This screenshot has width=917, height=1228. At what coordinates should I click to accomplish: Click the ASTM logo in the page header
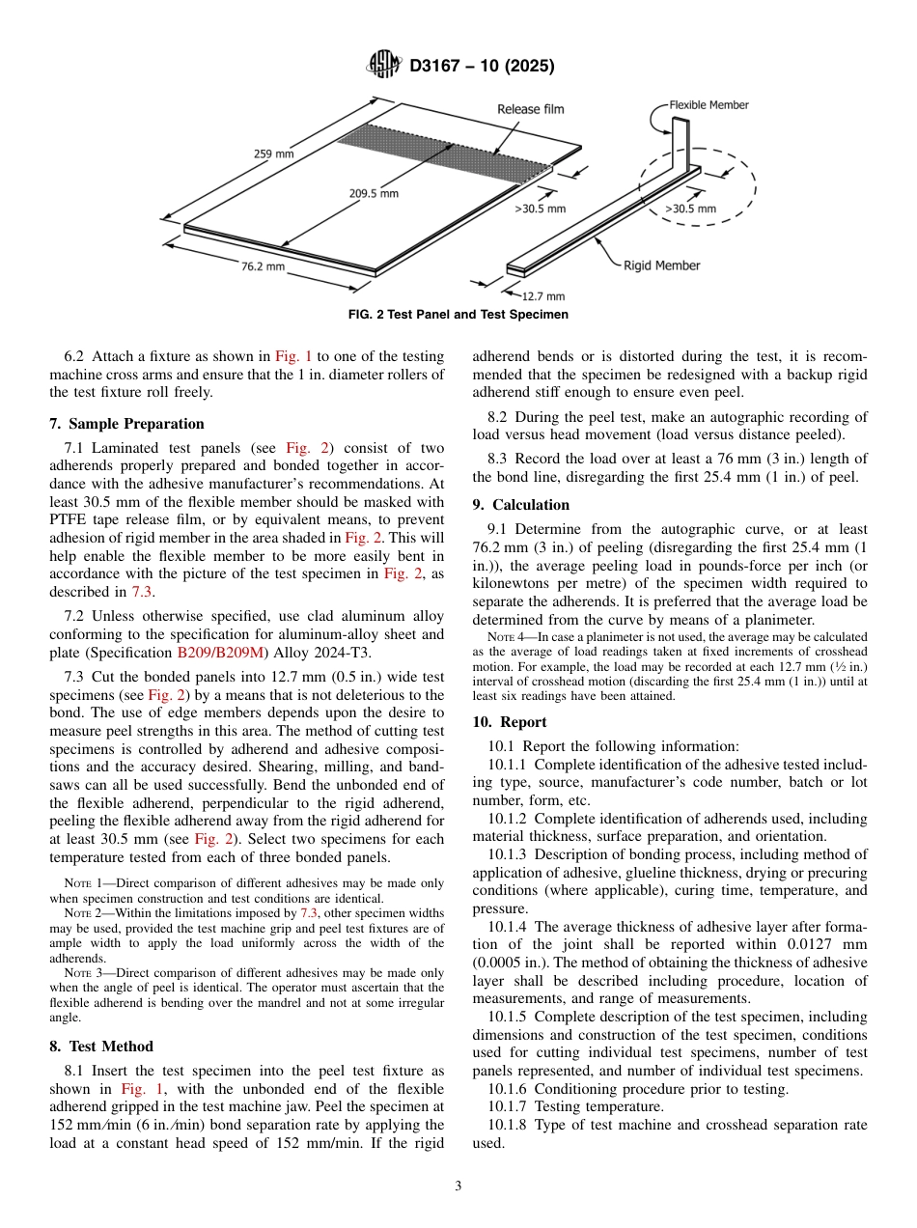[x=385, y=66]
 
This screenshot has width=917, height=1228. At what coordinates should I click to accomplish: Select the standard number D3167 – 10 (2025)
[x=482, y=67]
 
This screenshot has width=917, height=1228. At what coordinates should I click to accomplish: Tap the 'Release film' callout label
[x=530, y=109]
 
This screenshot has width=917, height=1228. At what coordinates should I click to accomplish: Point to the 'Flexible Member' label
[x=709, y=105]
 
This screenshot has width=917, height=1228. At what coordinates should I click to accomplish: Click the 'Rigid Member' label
[x=661, y=265]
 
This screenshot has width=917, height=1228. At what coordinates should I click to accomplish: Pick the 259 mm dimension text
[x=275, y=153]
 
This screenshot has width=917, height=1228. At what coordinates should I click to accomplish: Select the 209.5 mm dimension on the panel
[x=374, y=193]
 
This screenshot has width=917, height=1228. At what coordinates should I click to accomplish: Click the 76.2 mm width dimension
[x=263, y=266]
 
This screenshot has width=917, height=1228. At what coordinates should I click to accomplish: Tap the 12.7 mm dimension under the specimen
[x=542, y=296]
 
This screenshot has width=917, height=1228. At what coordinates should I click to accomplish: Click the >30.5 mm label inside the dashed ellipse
[x=690, y=208]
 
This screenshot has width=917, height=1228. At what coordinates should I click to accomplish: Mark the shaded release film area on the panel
[x=444, y=148]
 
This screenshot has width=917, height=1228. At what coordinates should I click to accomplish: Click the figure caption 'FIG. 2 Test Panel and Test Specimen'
[x=458, y=315]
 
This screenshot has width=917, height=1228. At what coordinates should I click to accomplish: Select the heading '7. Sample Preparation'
[x=126, y=424]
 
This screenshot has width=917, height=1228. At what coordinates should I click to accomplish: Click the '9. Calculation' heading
[x=520, y=505]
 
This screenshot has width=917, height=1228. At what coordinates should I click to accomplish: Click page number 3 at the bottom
[x=458, y=1186]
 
